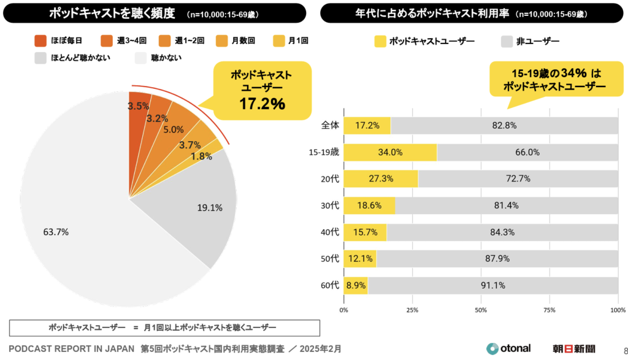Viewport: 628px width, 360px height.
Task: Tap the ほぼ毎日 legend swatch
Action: click(x=42, y=41)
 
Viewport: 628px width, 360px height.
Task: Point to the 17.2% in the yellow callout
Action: click(x=262, y=104)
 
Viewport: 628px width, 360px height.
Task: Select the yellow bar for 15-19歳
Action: click(x=390, y=152)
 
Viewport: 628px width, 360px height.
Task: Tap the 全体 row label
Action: click(x=330, y=126)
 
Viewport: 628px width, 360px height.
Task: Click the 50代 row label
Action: click(x=330, y=258)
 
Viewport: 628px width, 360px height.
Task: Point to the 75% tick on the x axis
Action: click(x=549, y=310)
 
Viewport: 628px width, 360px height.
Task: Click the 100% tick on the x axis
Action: click(x=618, y=310)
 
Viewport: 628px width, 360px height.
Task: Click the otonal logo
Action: click(x=508, y=348)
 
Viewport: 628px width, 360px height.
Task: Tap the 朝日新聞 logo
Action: click(x=573, y=348)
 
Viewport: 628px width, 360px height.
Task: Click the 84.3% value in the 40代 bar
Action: click(x=502, y=232)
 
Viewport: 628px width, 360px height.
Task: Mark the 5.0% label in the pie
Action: click(x=174, y=129)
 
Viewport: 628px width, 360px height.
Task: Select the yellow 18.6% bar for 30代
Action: click(x=369, y=205)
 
